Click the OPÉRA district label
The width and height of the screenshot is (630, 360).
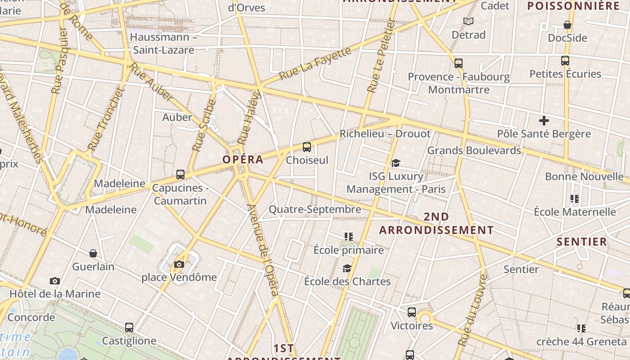243,160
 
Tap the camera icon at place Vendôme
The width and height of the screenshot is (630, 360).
179,264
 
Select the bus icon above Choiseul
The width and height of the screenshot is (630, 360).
307,147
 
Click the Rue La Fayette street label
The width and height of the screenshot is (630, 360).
315,63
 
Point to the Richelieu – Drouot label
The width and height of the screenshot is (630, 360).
385,134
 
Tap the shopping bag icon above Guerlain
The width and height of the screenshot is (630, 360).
93,253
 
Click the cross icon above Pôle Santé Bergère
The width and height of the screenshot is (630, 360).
544,121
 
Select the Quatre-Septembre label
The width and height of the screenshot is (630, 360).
315,209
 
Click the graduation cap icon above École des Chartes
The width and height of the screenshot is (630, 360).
347,269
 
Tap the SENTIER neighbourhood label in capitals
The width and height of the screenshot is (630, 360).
582,242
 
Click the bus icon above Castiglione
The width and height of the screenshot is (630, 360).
129,328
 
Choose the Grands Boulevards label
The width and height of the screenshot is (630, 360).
474,150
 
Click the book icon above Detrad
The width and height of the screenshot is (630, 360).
468,21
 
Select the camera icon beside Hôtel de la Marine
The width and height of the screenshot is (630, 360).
55,281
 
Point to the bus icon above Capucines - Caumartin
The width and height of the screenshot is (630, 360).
180,175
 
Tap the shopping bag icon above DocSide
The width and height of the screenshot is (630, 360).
567,25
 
